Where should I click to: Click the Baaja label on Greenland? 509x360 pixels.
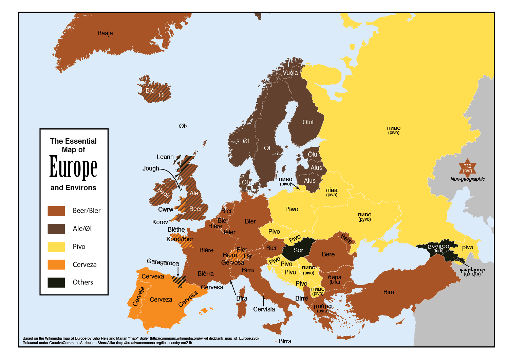click(105, 33)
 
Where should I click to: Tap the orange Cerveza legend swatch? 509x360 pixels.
click(56, 265)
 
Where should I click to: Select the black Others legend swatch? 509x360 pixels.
click(56, 282)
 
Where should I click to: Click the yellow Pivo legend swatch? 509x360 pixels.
click(56, 247)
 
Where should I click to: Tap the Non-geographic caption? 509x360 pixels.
click(468, 179)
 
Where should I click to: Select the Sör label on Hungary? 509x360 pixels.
click(298, 250)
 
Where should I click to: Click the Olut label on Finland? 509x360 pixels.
click(308, 122)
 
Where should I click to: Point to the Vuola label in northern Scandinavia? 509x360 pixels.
click(290, 73)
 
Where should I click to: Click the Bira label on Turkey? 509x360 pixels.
click(389, 292)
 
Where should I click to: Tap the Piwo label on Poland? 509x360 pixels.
click(291, 209)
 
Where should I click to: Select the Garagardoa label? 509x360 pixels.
click(163, 263)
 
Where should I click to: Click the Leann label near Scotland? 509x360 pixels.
click(165, 157)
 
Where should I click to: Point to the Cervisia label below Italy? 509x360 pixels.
click(264, 309)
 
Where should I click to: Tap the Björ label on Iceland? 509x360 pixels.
click(151, 91)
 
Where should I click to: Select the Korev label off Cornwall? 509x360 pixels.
click(160, 222)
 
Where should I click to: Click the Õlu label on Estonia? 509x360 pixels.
click(313, 155)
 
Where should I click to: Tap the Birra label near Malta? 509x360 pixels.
click(285, 341)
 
